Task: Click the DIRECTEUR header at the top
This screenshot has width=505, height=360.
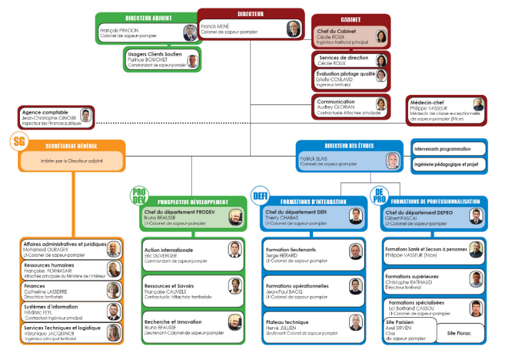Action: [x=250, y=14]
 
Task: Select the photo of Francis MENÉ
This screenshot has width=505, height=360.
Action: [x=293, y=29]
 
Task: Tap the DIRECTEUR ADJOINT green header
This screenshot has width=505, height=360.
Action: [x=148, y=19]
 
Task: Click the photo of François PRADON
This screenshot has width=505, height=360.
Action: [x=189, y=33]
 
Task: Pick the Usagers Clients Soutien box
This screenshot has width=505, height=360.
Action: [x=162, y=60]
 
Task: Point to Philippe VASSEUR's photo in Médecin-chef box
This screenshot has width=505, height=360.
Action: [x=478, y=104]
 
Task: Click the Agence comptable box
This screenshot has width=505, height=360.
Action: [x=56, y=117]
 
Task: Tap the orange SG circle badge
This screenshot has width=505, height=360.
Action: [x=20, y=142]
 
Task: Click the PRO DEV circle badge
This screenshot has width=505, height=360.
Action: [x=139, y=196]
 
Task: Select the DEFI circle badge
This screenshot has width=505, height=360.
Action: [x=260, y=196]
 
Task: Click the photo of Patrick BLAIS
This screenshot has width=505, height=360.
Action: [x=391, y=161]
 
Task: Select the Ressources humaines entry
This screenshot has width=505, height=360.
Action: [x=71, y=268]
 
